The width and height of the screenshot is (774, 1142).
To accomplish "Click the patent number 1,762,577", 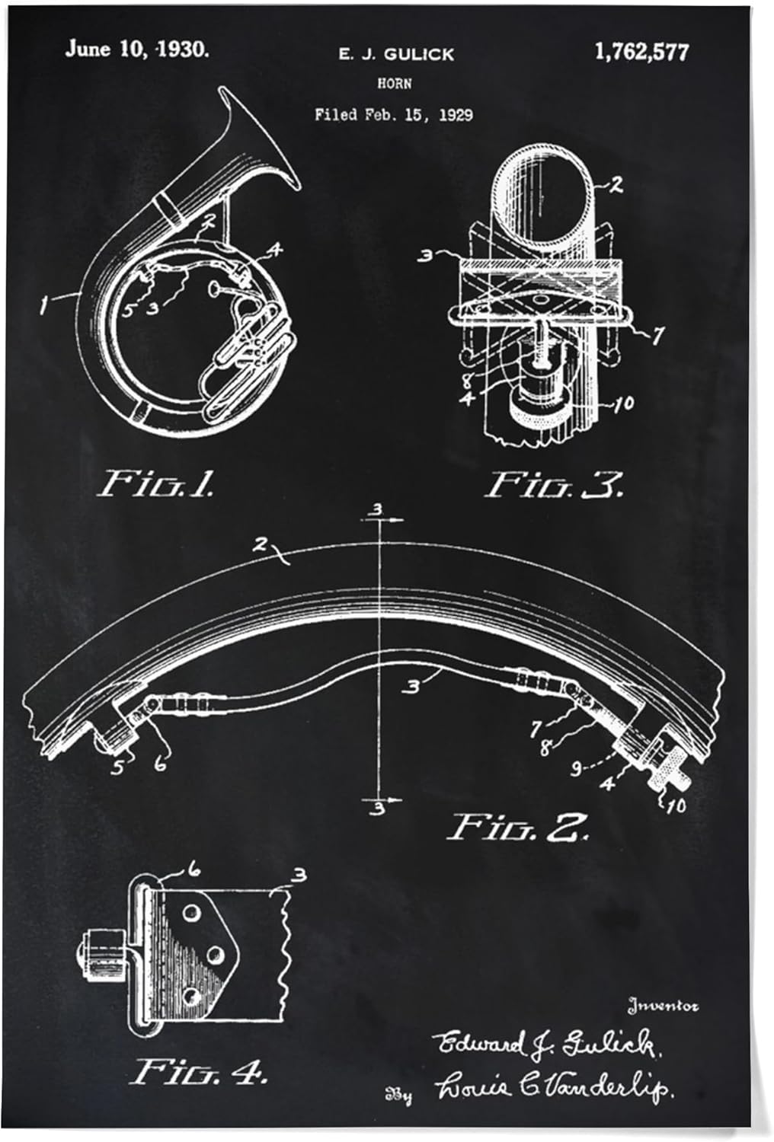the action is point(641,53).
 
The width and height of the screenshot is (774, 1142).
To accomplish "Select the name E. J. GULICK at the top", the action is point(395,54).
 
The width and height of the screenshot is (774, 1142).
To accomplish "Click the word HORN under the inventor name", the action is point(394,84).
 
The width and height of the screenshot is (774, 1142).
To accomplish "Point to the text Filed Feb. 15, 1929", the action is point(394,115).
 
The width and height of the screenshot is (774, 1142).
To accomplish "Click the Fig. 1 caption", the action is point(158,483).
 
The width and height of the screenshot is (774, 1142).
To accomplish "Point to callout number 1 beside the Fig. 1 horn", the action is point(46,306).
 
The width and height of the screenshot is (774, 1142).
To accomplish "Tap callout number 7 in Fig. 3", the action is point(657,334).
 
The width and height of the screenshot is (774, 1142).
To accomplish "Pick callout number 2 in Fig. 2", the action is point(261,544).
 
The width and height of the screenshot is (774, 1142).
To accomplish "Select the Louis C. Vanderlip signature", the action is point(554,1089).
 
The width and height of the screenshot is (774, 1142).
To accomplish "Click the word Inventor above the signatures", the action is point(662,1006).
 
